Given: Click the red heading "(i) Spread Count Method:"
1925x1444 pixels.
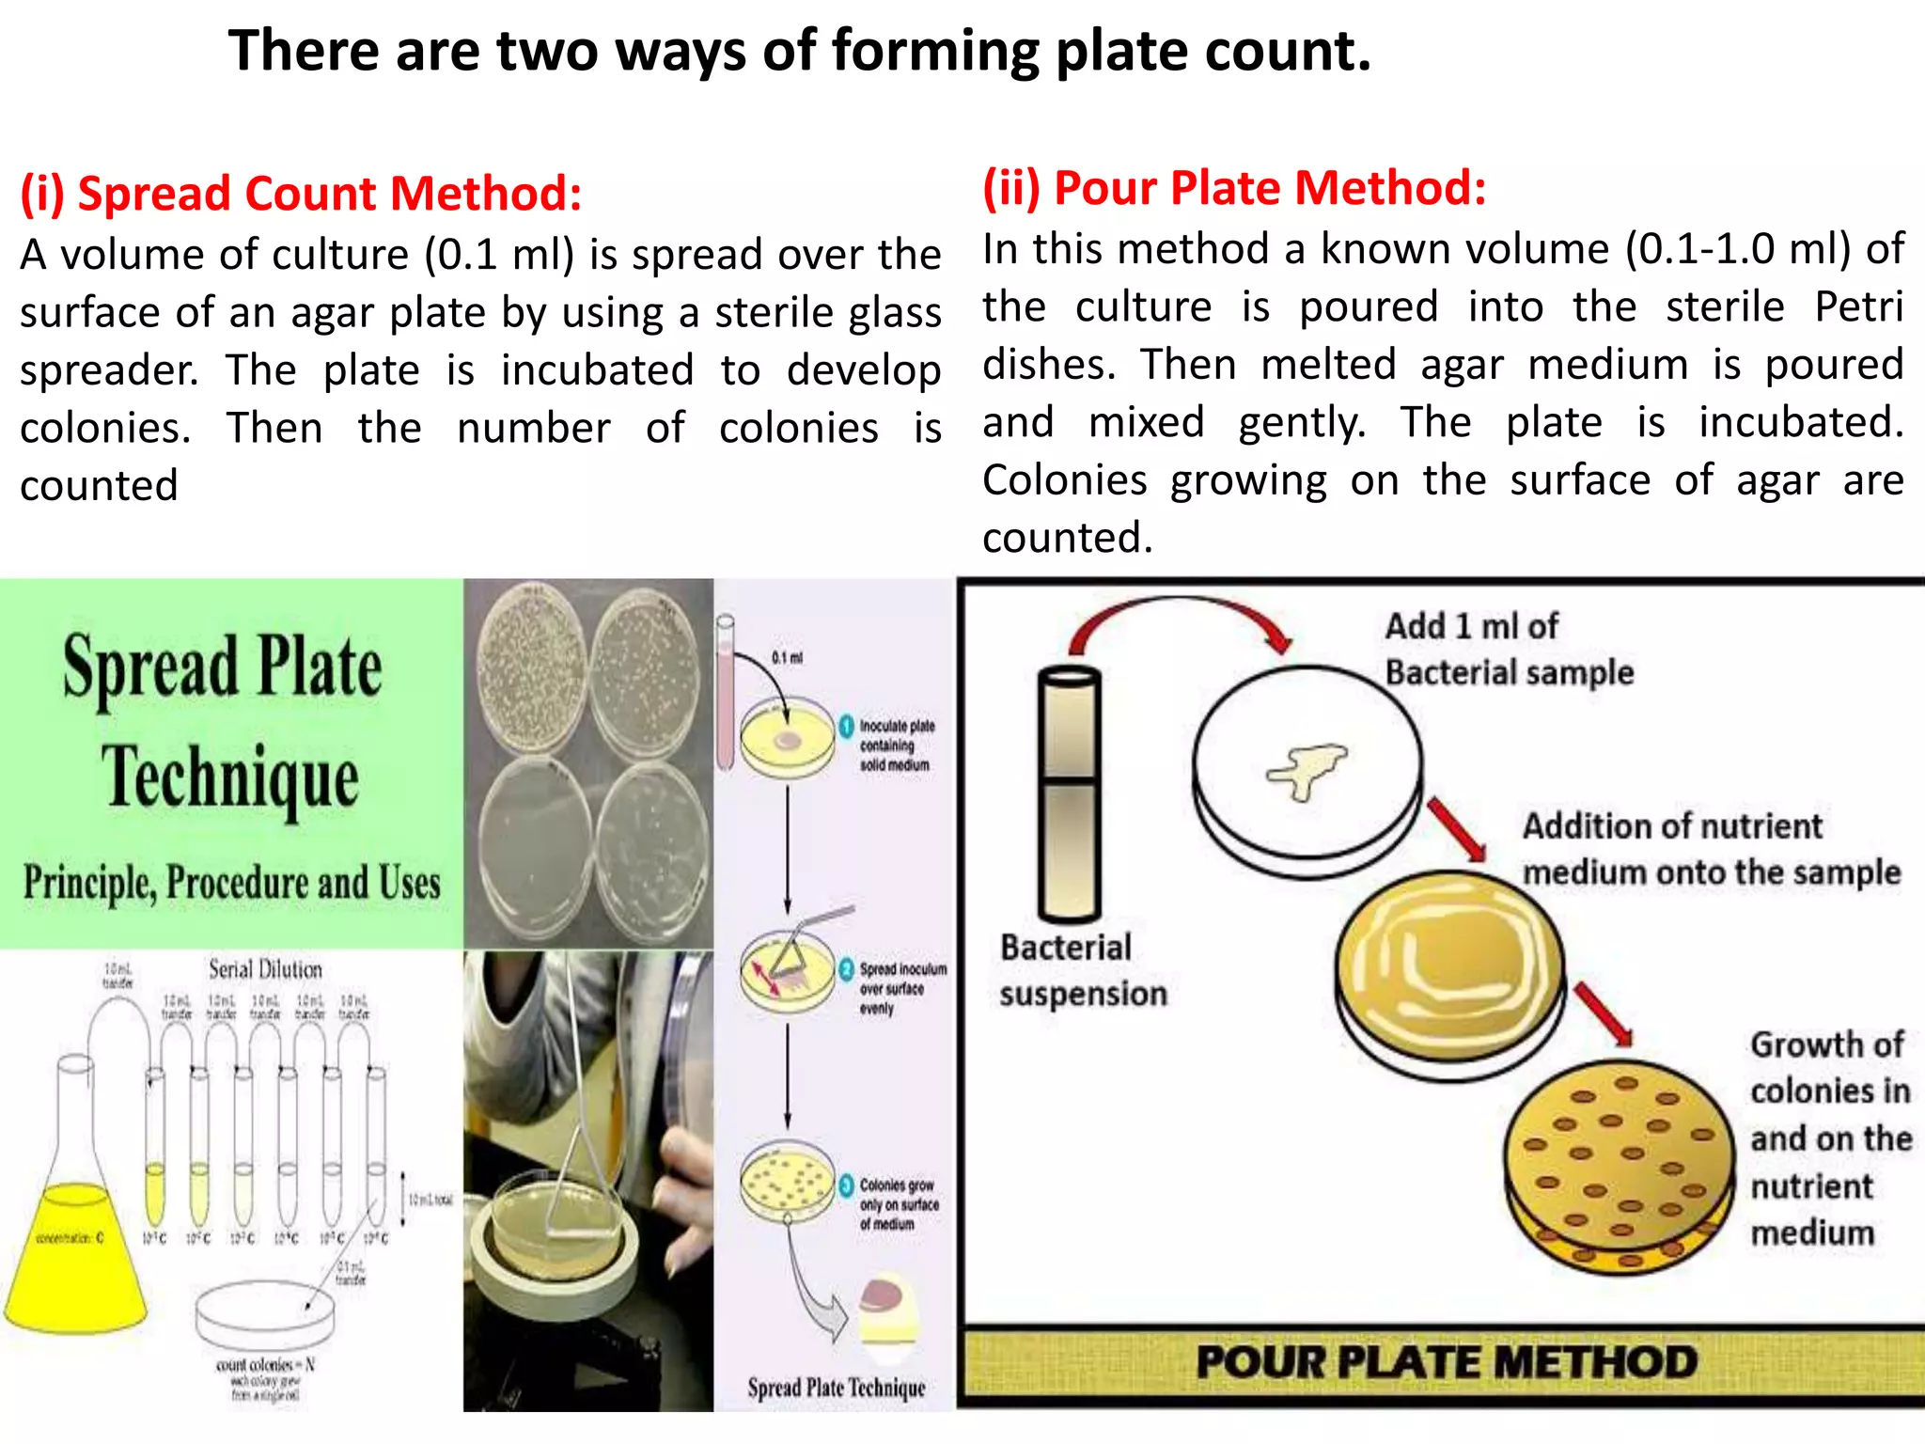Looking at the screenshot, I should [x=301, y=194].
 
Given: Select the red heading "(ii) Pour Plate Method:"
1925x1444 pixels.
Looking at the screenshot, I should [x=1234, y=187].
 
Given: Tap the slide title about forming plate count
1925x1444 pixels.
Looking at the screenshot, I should [x=799, y=51].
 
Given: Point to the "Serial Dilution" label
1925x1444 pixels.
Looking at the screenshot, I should [x=265, y=968].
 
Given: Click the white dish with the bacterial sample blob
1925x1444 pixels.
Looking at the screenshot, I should [x=1307, y=766].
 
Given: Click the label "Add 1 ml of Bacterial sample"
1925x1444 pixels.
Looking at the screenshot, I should [x=1508, y=650].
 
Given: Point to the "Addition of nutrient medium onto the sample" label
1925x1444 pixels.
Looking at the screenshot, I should [x=1711, y=849].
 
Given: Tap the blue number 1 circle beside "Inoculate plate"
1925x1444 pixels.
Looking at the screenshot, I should [x=846, y=726].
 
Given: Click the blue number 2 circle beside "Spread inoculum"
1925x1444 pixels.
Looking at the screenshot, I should [x=846, y=969].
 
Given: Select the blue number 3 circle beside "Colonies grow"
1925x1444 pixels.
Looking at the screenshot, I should [x=846, y=1185].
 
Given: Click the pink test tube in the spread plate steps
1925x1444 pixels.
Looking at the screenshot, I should [x=725, y=691].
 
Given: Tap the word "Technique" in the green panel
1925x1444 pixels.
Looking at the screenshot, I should [x=230, y=777].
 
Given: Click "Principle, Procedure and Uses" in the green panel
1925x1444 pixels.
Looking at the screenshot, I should [x=231, y=883].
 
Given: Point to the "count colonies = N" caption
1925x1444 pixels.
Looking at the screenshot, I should [x=265, y=1364].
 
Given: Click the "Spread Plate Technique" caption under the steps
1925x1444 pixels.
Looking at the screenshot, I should [x=836, y=1388].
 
